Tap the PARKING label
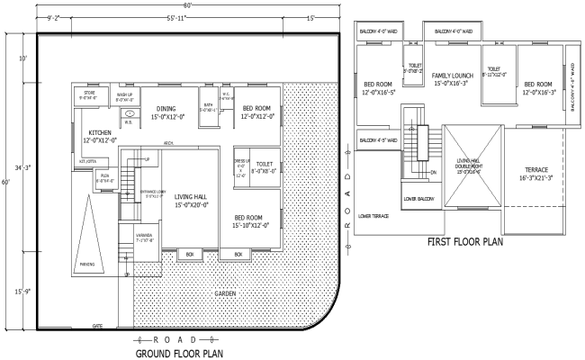[88, 265]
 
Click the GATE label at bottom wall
[97, 325]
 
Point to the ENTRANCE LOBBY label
[148, 193]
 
